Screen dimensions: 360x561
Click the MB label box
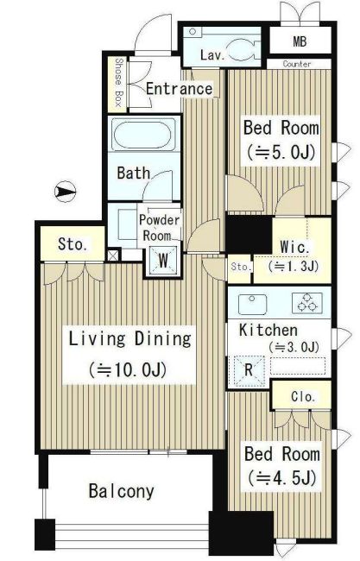[x=300, y=42]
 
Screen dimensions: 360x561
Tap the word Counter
[x=297, y=64]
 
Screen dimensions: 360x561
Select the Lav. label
[x=212, y=55]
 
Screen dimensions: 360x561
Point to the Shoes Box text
[x=118, y=83]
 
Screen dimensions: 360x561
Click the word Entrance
[x=179, y=89]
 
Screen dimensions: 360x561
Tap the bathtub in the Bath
[x=143, y=135]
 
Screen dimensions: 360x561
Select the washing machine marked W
[x=163, y=261]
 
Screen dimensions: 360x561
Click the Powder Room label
[x=159, y=228]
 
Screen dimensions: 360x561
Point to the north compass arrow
[x=65, y=192]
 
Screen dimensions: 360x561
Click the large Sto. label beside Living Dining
[x=73, y=244]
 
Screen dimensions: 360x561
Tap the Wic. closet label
[x=295, y=247]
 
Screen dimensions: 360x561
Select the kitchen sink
[x=252, y=304]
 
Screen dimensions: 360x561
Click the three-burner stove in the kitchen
[x=307, y=303]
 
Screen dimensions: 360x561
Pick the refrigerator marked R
[x=249, y=371]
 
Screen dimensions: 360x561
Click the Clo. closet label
[x=303, y=396]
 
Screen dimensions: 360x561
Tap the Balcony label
[x=122, y=491]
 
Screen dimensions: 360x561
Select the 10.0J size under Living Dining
[x=128, y=370]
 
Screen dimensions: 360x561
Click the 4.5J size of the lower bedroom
[x=282, y=477]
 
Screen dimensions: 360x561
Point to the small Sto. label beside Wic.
[x=240, y=267]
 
